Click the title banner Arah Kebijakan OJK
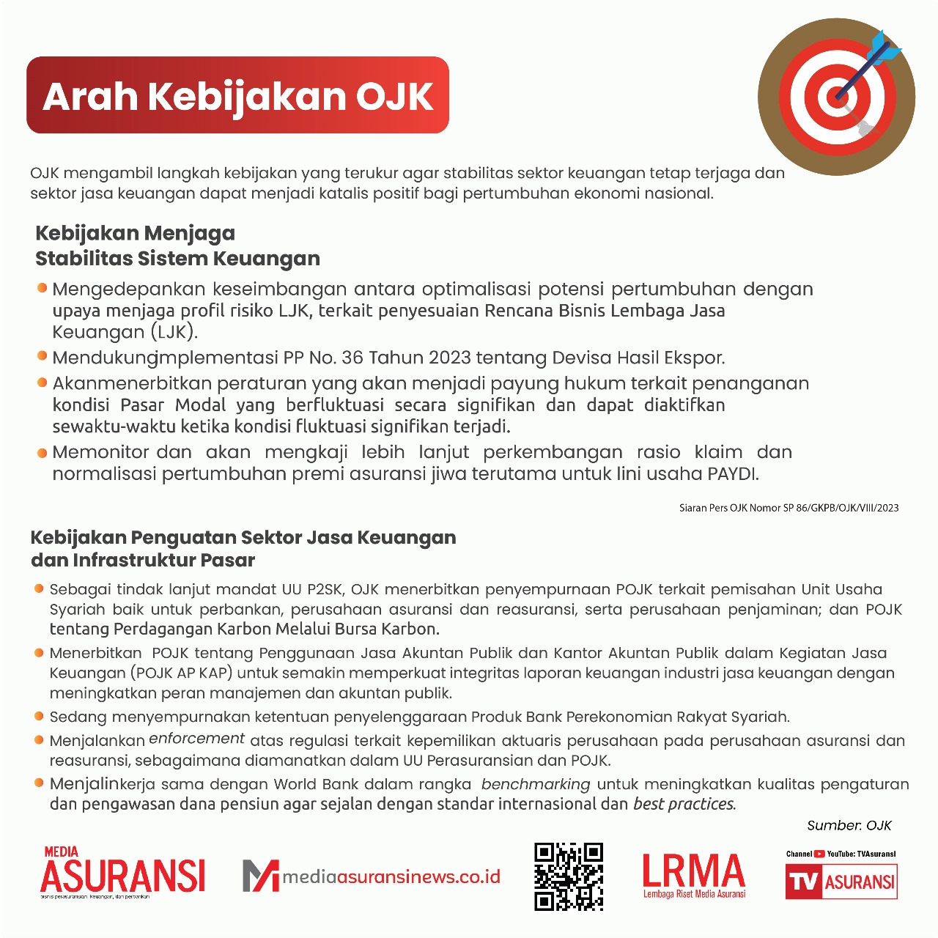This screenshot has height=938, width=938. [x=237, y=95]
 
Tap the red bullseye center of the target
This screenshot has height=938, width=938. [x=836, y=96]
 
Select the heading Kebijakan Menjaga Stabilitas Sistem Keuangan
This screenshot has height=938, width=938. [x=177, y=245]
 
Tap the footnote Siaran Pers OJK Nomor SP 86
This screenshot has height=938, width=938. [x=789, y=507]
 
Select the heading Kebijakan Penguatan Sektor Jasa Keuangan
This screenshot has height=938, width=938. [x=243, y=548]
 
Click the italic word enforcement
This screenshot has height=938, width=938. [x=196, y=739]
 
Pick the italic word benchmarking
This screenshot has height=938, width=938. [x=536, y=784]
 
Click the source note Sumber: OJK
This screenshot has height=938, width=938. [x=849, y=825]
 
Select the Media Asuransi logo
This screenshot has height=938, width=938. [x=122, y=872]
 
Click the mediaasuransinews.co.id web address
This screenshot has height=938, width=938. [x=391, y=876]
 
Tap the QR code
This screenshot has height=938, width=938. [x=569, y=876]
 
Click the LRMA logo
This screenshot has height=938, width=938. [x=694, y=874]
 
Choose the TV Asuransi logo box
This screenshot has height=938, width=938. [x=841, y=881]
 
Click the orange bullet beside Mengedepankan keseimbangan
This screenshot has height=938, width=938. [x=42, y=288]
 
